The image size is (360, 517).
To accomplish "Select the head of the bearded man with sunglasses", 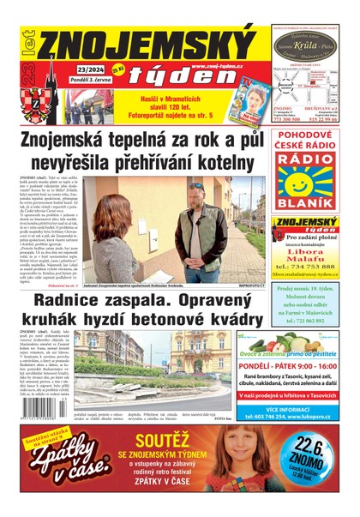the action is tap(198, 197).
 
